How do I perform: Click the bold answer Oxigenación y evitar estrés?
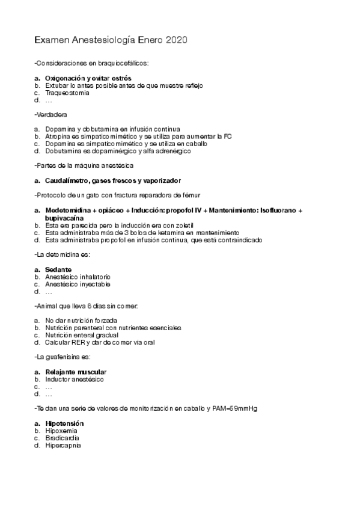[88, 78]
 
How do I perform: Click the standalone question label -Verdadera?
[51, 114]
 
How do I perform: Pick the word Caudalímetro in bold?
[67, 180]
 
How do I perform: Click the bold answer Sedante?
[58, 269]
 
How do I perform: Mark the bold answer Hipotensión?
[64, 423]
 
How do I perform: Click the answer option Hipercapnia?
[63, 446]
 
